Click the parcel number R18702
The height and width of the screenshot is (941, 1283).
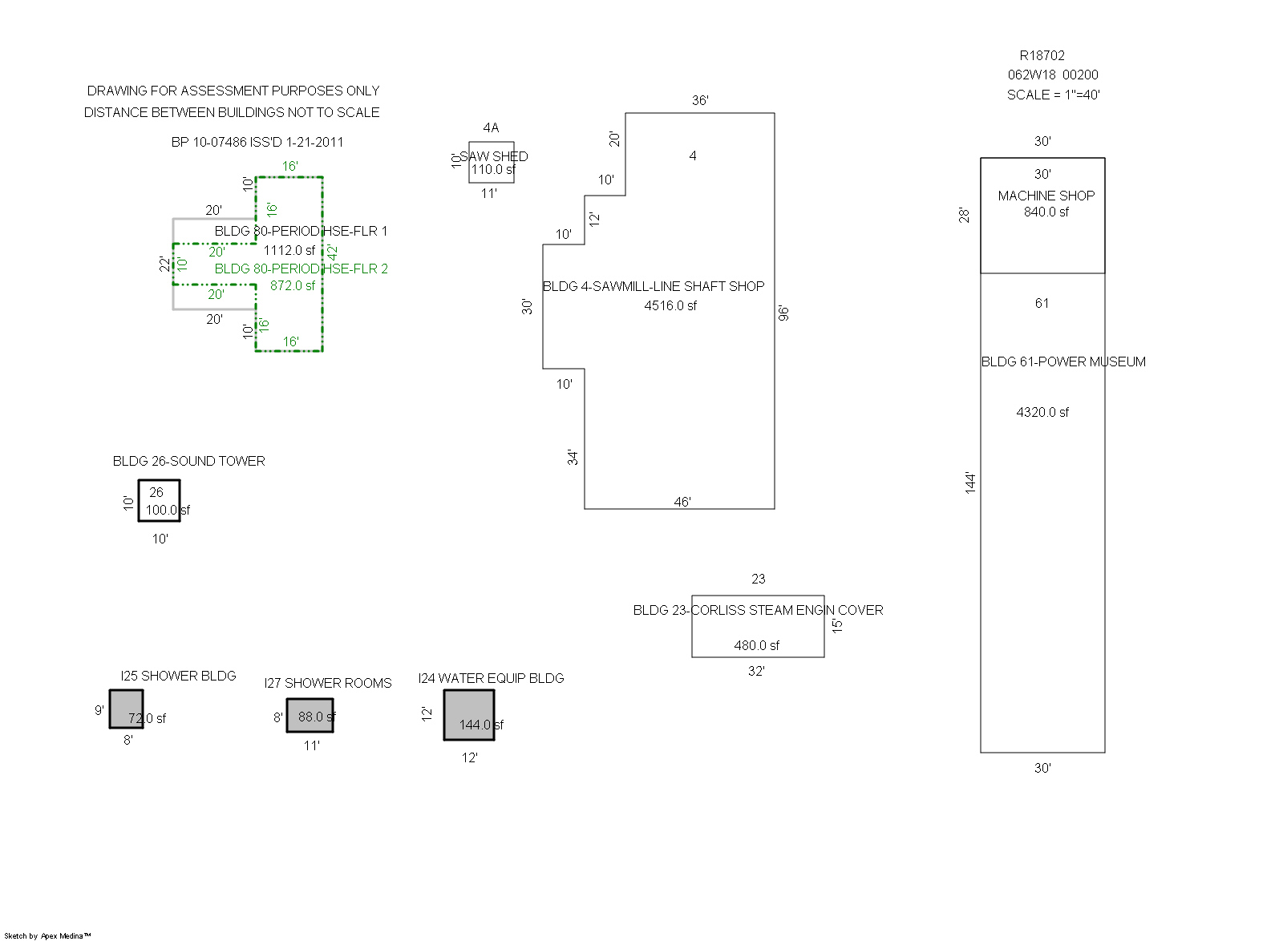point(1042,55)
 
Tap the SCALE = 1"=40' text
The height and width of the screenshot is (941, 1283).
point(1053,95)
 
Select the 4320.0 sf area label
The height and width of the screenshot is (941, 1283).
point(1042,412)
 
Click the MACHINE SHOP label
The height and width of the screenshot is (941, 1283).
point(1046,196)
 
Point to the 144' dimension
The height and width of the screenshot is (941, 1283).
point(970,482)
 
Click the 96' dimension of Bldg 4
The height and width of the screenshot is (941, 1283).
point(783,313)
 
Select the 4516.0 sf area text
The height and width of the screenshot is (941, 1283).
point(670,305)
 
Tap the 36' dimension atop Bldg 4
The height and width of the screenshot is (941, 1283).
point(700,100)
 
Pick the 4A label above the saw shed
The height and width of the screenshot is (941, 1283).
point(491,127)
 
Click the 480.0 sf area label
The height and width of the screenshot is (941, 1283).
point(756,645)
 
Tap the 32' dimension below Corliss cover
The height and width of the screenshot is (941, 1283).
point(756,671)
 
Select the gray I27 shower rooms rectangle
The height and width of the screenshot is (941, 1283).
point(310,716)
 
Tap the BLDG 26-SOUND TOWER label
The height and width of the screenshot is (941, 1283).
point(188,461)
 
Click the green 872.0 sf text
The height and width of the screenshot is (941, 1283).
point(292,285)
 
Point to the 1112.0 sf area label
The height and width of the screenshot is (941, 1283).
point(289,250)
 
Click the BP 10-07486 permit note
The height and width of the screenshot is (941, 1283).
point(257,142)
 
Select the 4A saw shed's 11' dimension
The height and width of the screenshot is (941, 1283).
point(489,193)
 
